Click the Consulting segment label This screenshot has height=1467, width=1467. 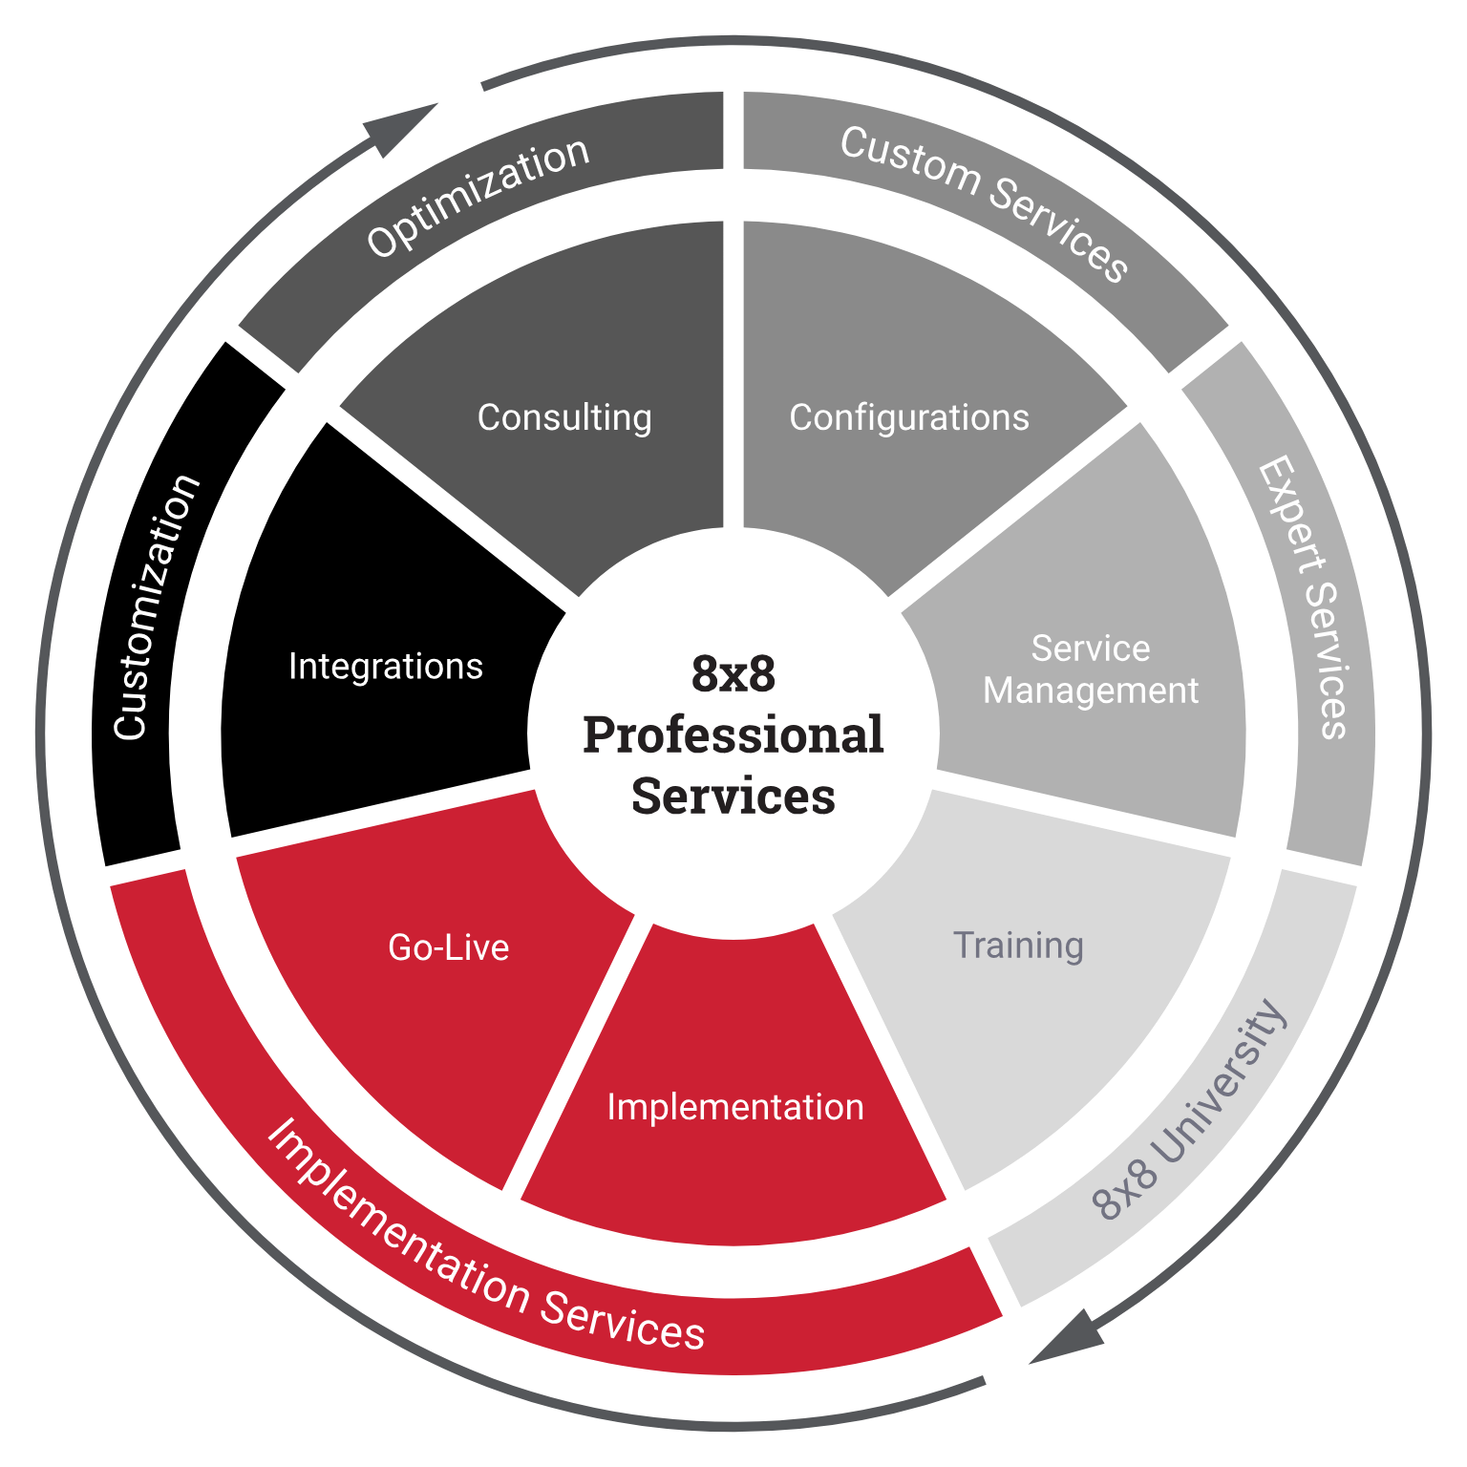click(564, 418)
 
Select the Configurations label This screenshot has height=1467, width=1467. click(909, 418)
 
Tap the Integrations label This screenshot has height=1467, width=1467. click(386, 667)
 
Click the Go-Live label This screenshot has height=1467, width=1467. click(449, 947)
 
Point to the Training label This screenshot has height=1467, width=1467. click(1018, 946)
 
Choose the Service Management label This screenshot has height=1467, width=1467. click(1091, 670)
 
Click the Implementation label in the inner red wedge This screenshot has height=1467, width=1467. click(735, 1107)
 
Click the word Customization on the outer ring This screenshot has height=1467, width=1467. click(155, 607)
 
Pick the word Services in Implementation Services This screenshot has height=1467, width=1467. click(623, 1319)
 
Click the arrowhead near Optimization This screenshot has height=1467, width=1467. click(401, 128)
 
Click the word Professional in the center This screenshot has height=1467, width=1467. click(733, 734)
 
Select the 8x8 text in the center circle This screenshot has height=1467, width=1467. click(733, 673)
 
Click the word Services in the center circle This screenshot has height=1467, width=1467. click(733, 796)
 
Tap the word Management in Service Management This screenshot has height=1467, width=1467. click(1091, 691)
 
